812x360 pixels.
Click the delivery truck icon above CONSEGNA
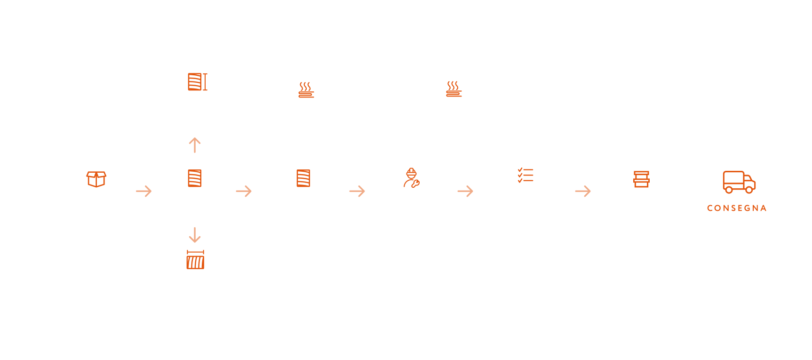739,182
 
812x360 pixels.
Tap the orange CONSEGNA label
736,208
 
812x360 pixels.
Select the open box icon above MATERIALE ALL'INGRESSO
96,179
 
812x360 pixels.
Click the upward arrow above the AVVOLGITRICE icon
195,145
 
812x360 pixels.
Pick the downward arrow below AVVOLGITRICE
195,234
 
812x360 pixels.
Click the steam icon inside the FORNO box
306,89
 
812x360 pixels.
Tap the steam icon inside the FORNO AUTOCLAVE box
454,88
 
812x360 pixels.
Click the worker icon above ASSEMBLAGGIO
412,178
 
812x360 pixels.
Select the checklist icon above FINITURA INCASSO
525,175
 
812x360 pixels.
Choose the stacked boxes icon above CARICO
641,179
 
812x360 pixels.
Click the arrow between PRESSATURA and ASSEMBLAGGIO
357,191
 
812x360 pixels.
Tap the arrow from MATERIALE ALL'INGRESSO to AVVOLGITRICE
143,191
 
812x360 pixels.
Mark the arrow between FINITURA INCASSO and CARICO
583,191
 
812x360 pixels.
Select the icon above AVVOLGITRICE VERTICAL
197,82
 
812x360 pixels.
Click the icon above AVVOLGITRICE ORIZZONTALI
195,260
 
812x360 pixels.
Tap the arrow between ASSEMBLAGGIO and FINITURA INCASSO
465,191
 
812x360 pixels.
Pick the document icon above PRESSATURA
303,178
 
